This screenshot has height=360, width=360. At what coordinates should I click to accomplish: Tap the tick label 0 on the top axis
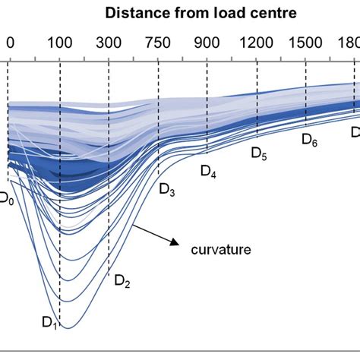click(9, 43)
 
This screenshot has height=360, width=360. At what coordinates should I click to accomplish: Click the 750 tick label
click(159, 43)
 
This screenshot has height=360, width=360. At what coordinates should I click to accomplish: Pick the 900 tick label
click(207, 43)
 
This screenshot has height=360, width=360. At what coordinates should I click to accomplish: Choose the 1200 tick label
click(257, 43)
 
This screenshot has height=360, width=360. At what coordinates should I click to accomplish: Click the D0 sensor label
click(6, 199)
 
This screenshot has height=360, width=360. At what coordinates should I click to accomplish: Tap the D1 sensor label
click(49, 324)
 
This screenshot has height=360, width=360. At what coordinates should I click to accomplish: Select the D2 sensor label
click(122, 282)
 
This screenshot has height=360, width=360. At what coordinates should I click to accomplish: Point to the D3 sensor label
click(167, 190)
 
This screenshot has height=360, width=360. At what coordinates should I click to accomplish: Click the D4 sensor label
click(208, 172)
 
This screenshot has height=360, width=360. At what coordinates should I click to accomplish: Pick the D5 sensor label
click(259, 154)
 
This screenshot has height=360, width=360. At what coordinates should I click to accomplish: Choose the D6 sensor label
click(309, 139)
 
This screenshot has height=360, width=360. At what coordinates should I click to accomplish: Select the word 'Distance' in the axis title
click(134, 13)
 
